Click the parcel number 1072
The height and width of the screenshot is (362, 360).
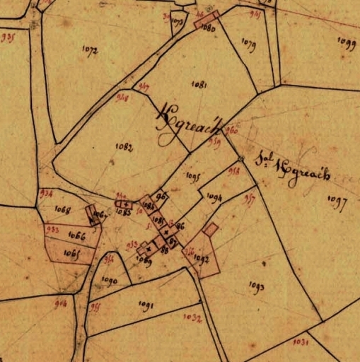coord(90,50)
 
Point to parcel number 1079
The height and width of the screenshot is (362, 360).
coord(248,42)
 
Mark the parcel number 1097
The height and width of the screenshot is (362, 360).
coord(337,204)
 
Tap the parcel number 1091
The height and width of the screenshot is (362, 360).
coord(146,305)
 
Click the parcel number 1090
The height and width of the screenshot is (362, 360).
coord(109,281)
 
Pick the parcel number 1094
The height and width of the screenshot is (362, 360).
coord(216,197)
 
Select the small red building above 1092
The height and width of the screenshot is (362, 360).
coord(210,229)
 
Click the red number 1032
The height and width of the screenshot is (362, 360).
coord(193,318)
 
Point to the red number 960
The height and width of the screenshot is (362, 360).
coord(232,130)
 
